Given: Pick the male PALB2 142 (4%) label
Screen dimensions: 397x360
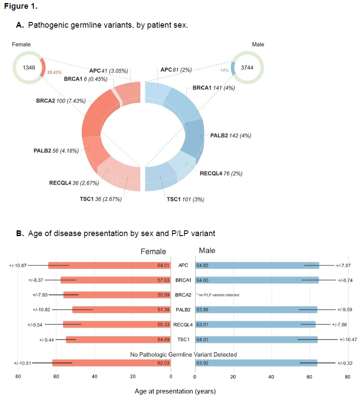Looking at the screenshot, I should pyautogui.click(x=231, y=135).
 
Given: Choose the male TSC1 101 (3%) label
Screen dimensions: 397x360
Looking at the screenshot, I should pyautogui.click(x=185, y=199).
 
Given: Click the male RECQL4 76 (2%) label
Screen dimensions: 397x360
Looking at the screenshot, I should pyautogui.click(x=221, y=173).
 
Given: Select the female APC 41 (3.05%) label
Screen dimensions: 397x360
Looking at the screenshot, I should pyautogui.click(x=109, y=70).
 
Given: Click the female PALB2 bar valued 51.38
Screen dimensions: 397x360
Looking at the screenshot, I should pyautogui.click(x=122, y=310).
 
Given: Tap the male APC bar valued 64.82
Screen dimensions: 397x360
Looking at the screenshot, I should pyautogui.click(x=257, y=265).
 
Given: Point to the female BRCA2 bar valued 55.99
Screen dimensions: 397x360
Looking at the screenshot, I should pyautogui.click(x=117, y=295).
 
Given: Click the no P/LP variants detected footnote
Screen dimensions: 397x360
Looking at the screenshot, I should pyautogui.click(x=218, y=295).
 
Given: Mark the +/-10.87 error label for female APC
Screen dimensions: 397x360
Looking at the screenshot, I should pyautogui.click(x=18, y=265).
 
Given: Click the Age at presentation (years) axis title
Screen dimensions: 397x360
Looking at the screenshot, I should pyautogui.click(x=175, y=390).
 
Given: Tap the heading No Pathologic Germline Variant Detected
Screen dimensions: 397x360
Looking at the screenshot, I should pyautogui.click(x=183, y=354).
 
